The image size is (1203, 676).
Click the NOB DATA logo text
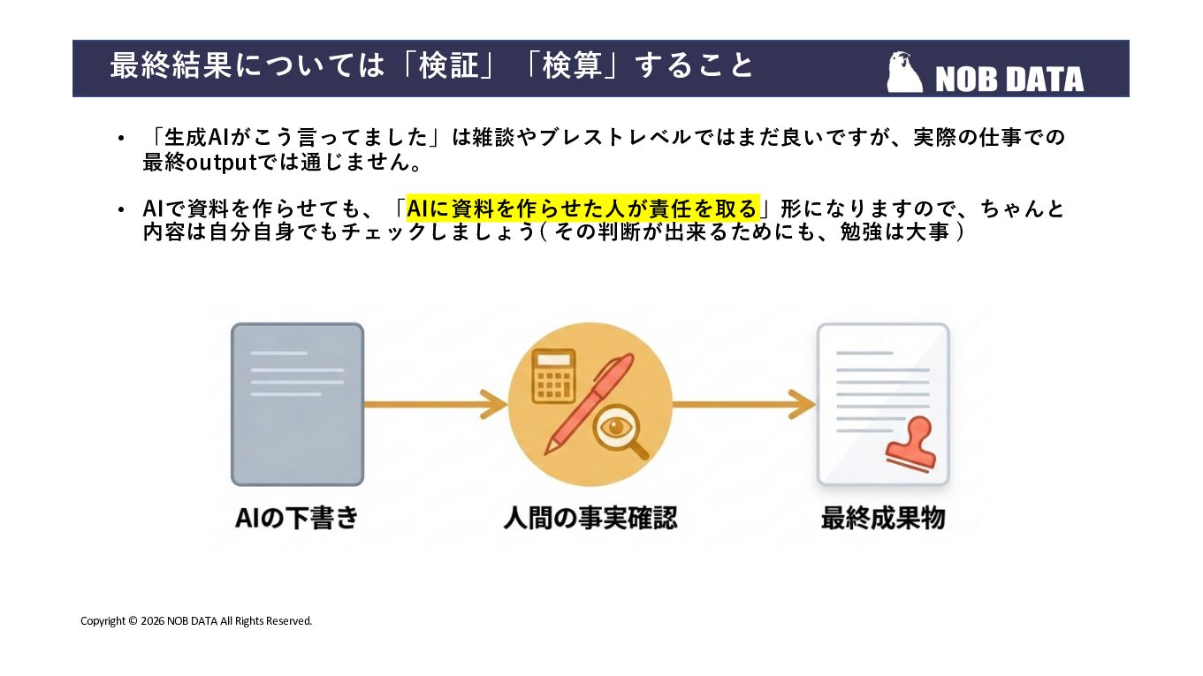coord(1009,80)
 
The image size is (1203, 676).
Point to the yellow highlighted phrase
coord(582,209)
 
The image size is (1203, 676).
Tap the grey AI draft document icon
coord(297,404)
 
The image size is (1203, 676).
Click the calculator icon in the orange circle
coord(554,375)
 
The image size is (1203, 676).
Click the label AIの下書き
coord(297,518)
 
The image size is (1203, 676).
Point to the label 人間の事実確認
coord(590,518)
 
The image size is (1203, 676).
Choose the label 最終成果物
coord(882,518)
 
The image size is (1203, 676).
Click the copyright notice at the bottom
coord(196,621)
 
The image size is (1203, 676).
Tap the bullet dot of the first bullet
coord(121,139)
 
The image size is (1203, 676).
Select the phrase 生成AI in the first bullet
coord(195,138)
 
